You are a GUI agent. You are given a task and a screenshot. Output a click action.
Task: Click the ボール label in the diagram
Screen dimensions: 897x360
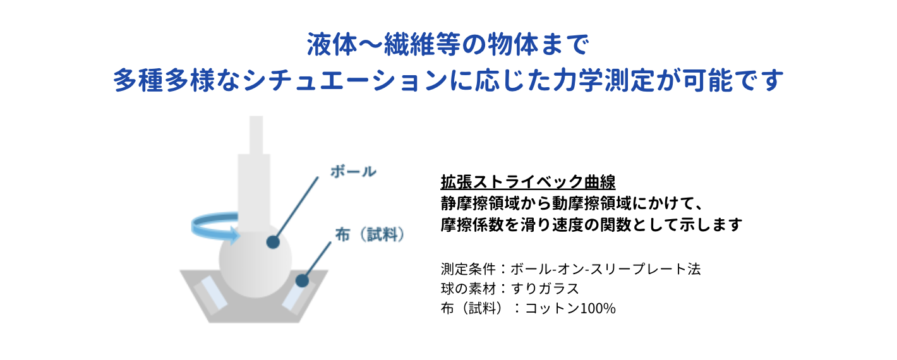click(x=353, y=172)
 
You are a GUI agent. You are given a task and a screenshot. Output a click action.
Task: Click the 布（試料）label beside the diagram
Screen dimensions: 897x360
click(x=369, y=234)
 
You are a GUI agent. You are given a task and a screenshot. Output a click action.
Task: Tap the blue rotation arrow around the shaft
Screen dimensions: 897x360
click(x=214, y=227)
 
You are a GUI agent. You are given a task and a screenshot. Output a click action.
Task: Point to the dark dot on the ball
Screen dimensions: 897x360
click(x=273, y=242)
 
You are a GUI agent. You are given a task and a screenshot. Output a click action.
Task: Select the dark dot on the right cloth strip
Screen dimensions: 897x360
click(x=302, y=280)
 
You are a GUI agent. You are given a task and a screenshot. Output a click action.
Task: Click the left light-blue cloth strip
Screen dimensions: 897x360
click(x=210, y=294)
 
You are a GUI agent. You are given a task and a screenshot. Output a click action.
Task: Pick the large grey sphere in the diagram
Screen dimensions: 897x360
click(x=255, y=260)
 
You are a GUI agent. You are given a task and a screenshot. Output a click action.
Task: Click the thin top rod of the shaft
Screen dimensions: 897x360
click(x=256, y=135)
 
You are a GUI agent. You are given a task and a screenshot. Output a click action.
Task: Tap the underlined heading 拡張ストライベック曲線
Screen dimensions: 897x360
click(x=528, y=182)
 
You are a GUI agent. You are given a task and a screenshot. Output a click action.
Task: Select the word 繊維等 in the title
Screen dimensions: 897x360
click(x=423, y=44)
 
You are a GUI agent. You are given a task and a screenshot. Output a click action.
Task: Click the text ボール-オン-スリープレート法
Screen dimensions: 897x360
click(x=605, y=268)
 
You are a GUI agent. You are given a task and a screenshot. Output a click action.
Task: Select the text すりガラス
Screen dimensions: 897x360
click(x=545, y=289)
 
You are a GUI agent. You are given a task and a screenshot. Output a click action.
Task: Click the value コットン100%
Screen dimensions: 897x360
click(x=570, y=308)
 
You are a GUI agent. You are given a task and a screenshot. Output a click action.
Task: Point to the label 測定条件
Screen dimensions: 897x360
click(x=468, y=268)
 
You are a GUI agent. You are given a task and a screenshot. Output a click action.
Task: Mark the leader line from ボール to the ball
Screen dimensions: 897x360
click(x=296, y=208)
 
